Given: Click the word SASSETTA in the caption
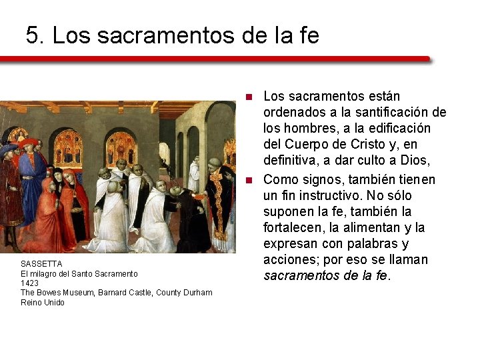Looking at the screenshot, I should (41, 264).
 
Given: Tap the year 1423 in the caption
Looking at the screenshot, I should (29, 283).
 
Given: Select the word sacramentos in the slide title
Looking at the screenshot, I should (166, 35).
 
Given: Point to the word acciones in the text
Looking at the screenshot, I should (289, 259).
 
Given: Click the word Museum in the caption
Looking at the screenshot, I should (81, 293).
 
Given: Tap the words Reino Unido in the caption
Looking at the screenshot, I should (43, 303).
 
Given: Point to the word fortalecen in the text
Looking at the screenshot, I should (293, 227).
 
